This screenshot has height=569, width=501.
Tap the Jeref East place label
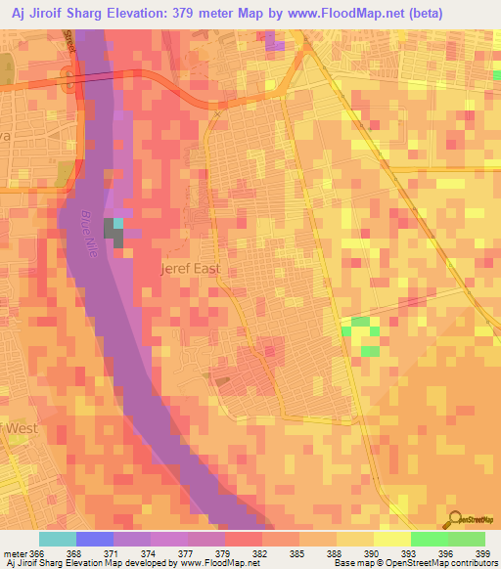coord(191,268)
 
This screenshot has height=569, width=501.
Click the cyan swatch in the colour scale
coord(58,539)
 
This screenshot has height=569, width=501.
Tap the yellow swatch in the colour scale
coord(392,539)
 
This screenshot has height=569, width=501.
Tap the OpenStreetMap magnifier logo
coord(453,518)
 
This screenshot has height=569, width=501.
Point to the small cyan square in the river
coord(118,223)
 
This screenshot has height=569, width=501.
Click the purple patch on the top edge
coord(275,39)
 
